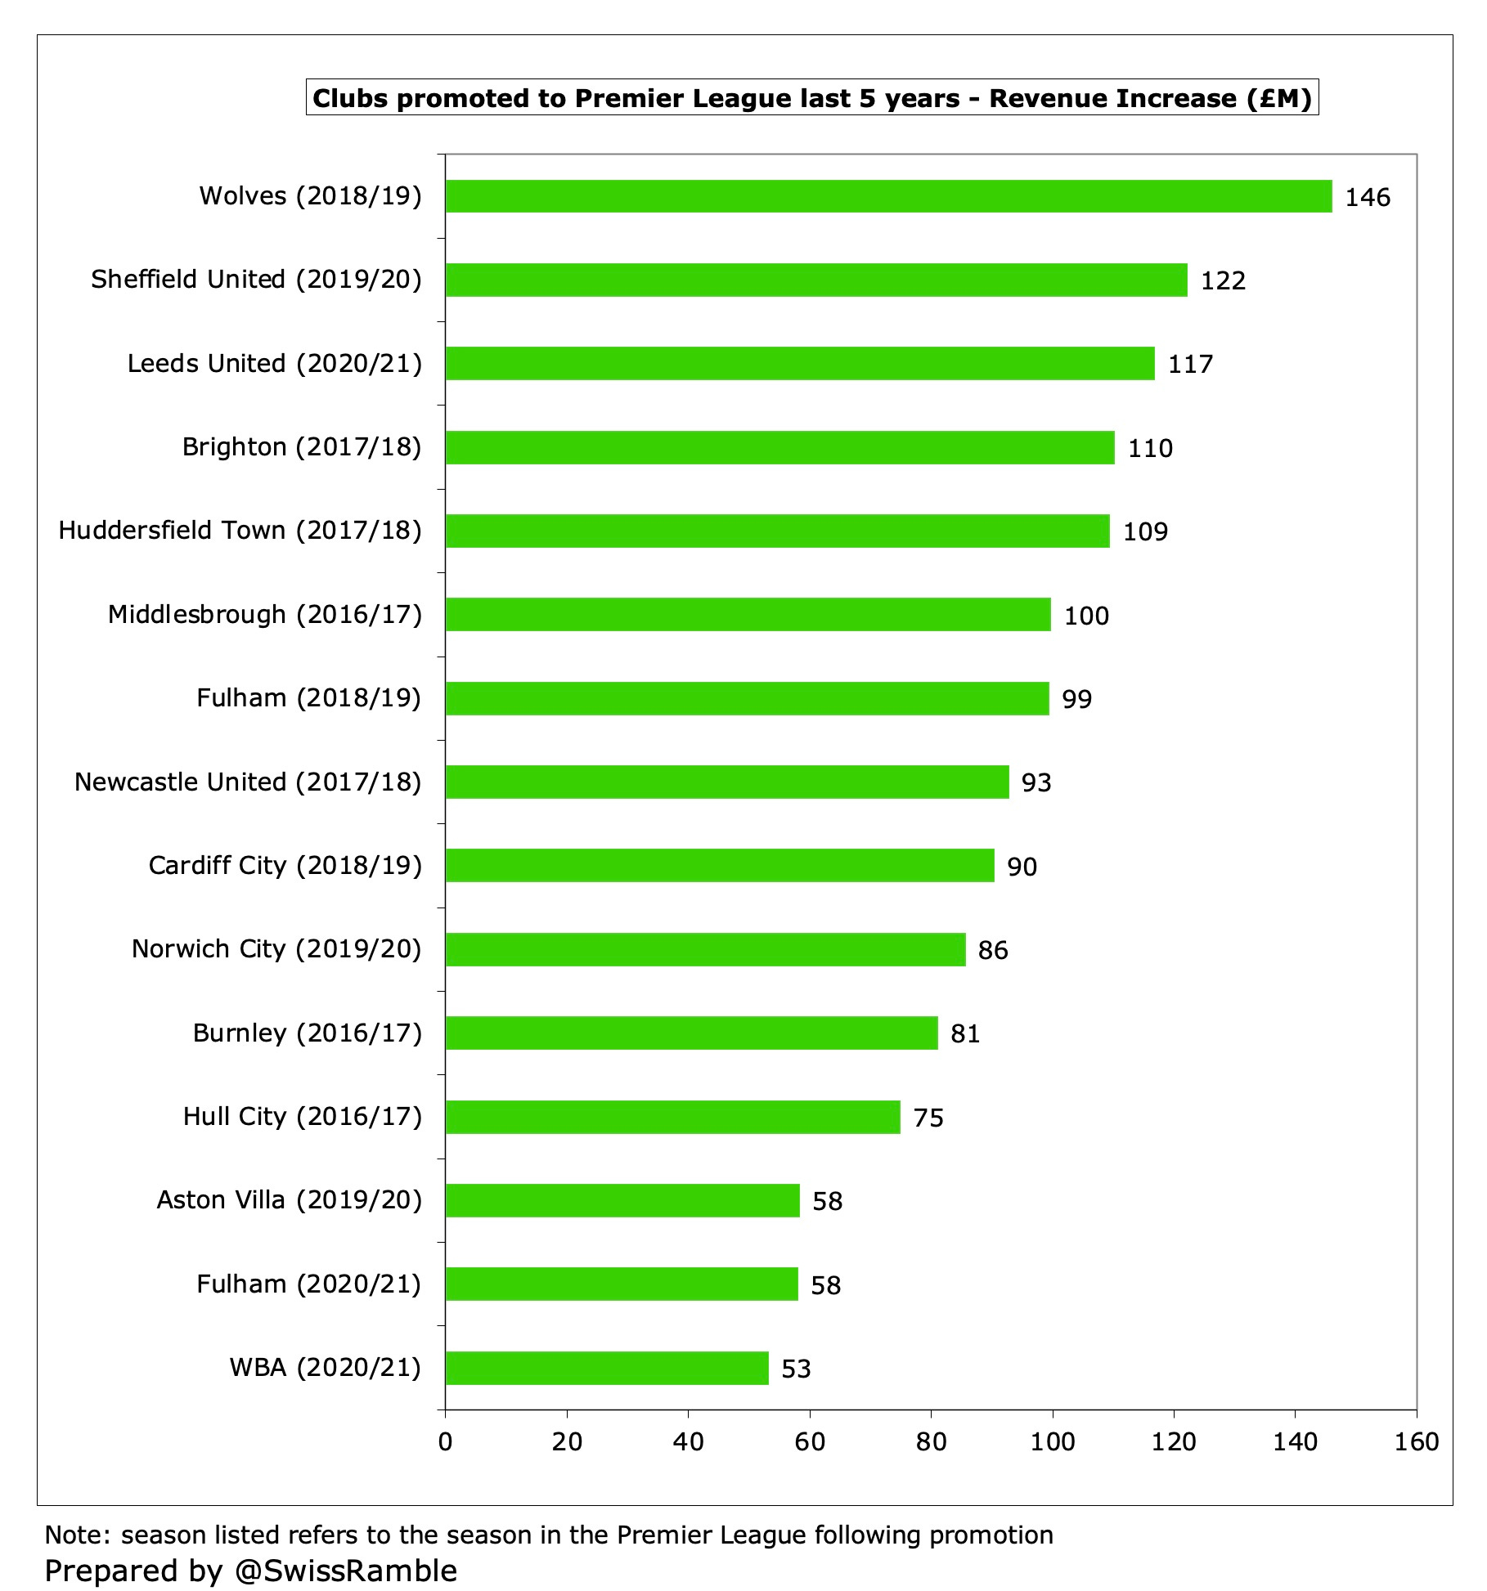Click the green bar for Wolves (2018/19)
[888, 196]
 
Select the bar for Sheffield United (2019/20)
[816, 280]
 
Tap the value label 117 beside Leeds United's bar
[1190, 364]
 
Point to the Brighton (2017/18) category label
[302, 447]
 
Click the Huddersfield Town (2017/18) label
[240, 531]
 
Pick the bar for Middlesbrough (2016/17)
[748, 614]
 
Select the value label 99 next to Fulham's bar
[1076, 699]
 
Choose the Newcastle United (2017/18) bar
[727, 782]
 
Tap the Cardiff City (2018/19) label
[285, 866]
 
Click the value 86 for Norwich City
[993, 950]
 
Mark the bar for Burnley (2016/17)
[691, 1033]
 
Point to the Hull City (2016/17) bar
[672, 1117]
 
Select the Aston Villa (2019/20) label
[289, 1200]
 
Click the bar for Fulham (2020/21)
[622, 1284]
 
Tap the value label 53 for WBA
[796, 1369]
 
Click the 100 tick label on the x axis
[1052, 1441]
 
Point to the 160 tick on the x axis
[1416, 1441]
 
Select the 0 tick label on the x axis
[445, 1441]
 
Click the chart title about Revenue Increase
[811, 98]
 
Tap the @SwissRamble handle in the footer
[345, 1571]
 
